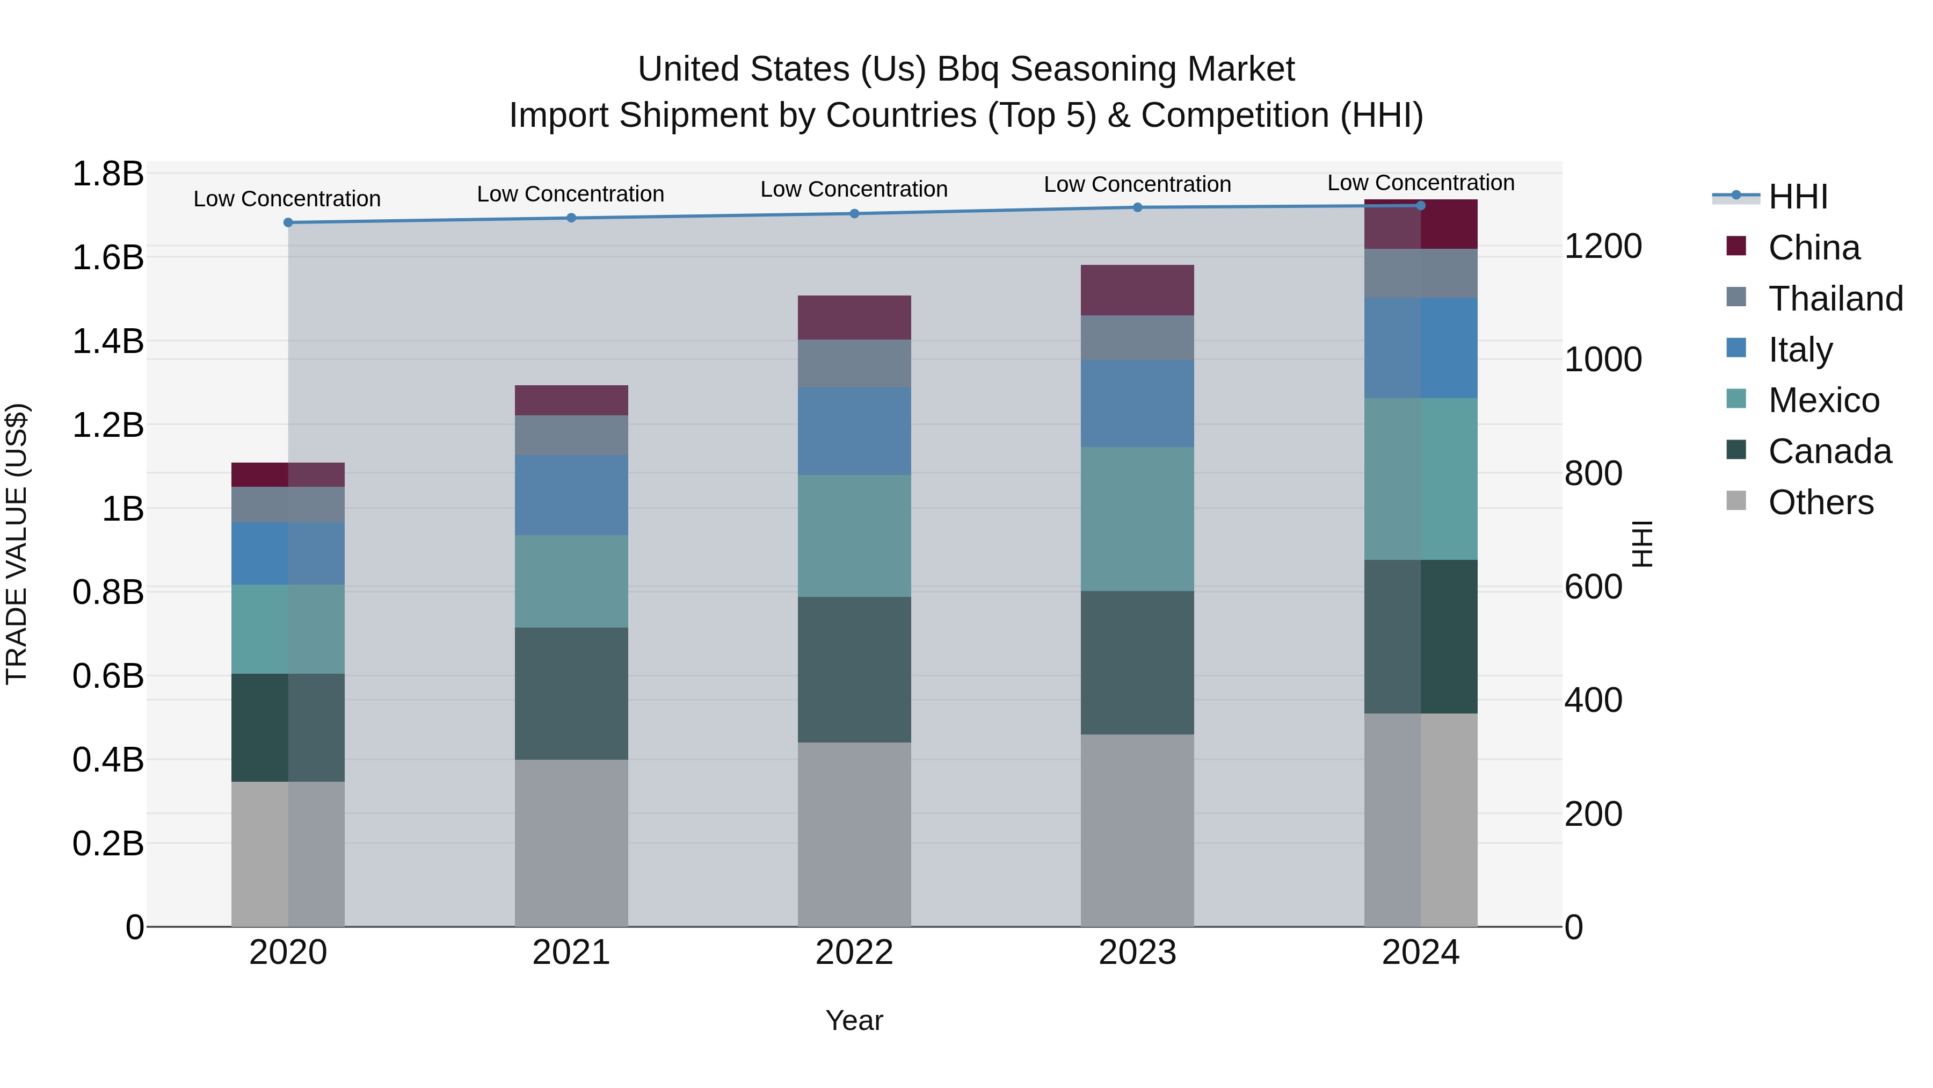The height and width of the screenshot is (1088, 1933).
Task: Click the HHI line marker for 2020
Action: pos(288,222)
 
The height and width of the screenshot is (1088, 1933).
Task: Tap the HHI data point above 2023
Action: pos(1138,207)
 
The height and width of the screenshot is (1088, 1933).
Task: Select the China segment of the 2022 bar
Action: pos(854,317)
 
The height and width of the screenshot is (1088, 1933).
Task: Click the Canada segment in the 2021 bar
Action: pos(571,693)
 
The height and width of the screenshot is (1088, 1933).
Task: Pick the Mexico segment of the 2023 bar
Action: pos(1138,519)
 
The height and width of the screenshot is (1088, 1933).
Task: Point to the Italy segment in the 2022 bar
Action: pos(854,431)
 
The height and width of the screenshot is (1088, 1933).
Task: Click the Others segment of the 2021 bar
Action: pos(571,842)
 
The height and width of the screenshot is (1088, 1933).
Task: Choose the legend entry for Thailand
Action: pos(1835,299)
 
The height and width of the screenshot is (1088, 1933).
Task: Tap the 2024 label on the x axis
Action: pos(1420,953)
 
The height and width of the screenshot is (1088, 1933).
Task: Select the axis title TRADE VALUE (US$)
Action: pos(17,544)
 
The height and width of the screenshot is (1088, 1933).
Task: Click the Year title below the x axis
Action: pos(854,1020)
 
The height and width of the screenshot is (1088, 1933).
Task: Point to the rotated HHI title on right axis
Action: pos(1643,544)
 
